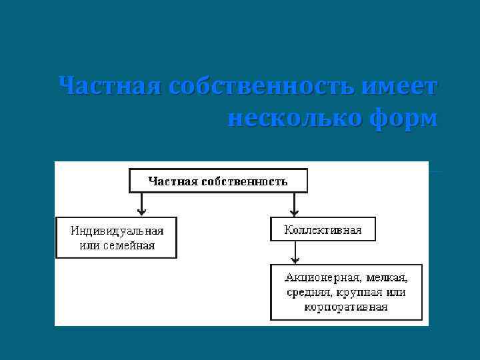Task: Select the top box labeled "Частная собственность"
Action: click(x=217, y=181)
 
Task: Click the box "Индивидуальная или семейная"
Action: click(x=117, y=237)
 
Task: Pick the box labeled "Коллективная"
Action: click(x=323, y=229)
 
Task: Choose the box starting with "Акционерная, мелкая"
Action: click(x=346, y=292)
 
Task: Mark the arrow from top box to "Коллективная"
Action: click(x=295, y=204)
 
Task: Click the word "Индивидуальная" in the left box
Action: click(x=117, y=231)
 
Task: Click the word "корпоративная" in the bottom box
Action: click(x=346, y=307)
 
